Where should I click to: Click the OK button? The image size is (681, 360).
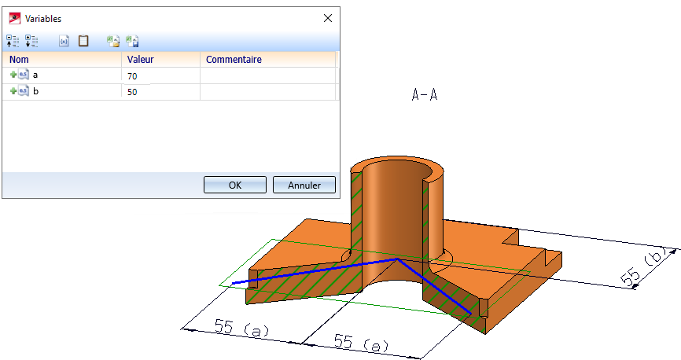click(x=235, y=185)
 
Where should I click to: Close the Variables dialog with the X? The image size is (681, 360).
click(x=328, y=18)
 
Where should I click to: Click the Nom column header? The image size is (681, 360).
click(x=19, y=60)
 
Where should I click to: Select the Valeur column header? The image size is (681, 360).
click(x=140, y=60)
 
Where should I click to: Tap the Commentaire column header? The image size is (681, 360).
click(x=234, y=60)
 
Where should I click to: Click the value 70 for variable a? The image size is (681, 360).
click(x=132, y=76)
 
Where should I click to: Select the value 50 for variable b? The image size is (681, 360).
click(x=132, y=92)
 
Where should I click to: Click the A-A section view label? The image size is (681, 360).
click(x=425, y=94)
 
